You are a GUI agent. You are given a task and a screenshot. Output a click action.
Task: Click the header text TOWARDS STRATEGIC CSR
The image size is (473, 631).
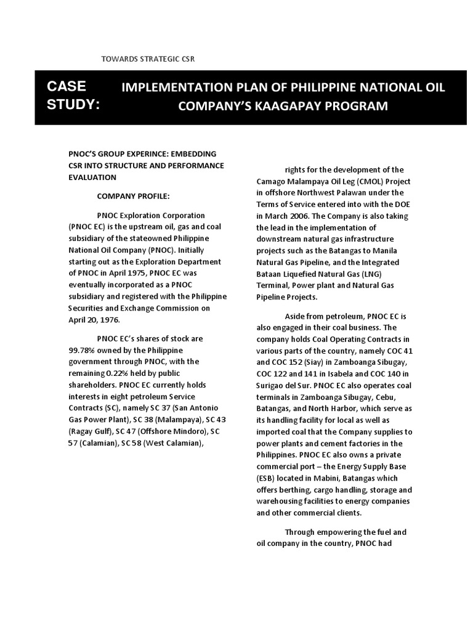[147, 59]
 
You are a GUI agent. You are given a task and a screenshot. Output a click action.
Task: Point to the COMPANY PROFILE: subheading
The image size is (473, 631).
[132, 196]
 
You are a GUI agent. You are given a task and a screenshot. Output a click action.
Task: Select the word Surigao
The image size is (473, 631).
[272, 373]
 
